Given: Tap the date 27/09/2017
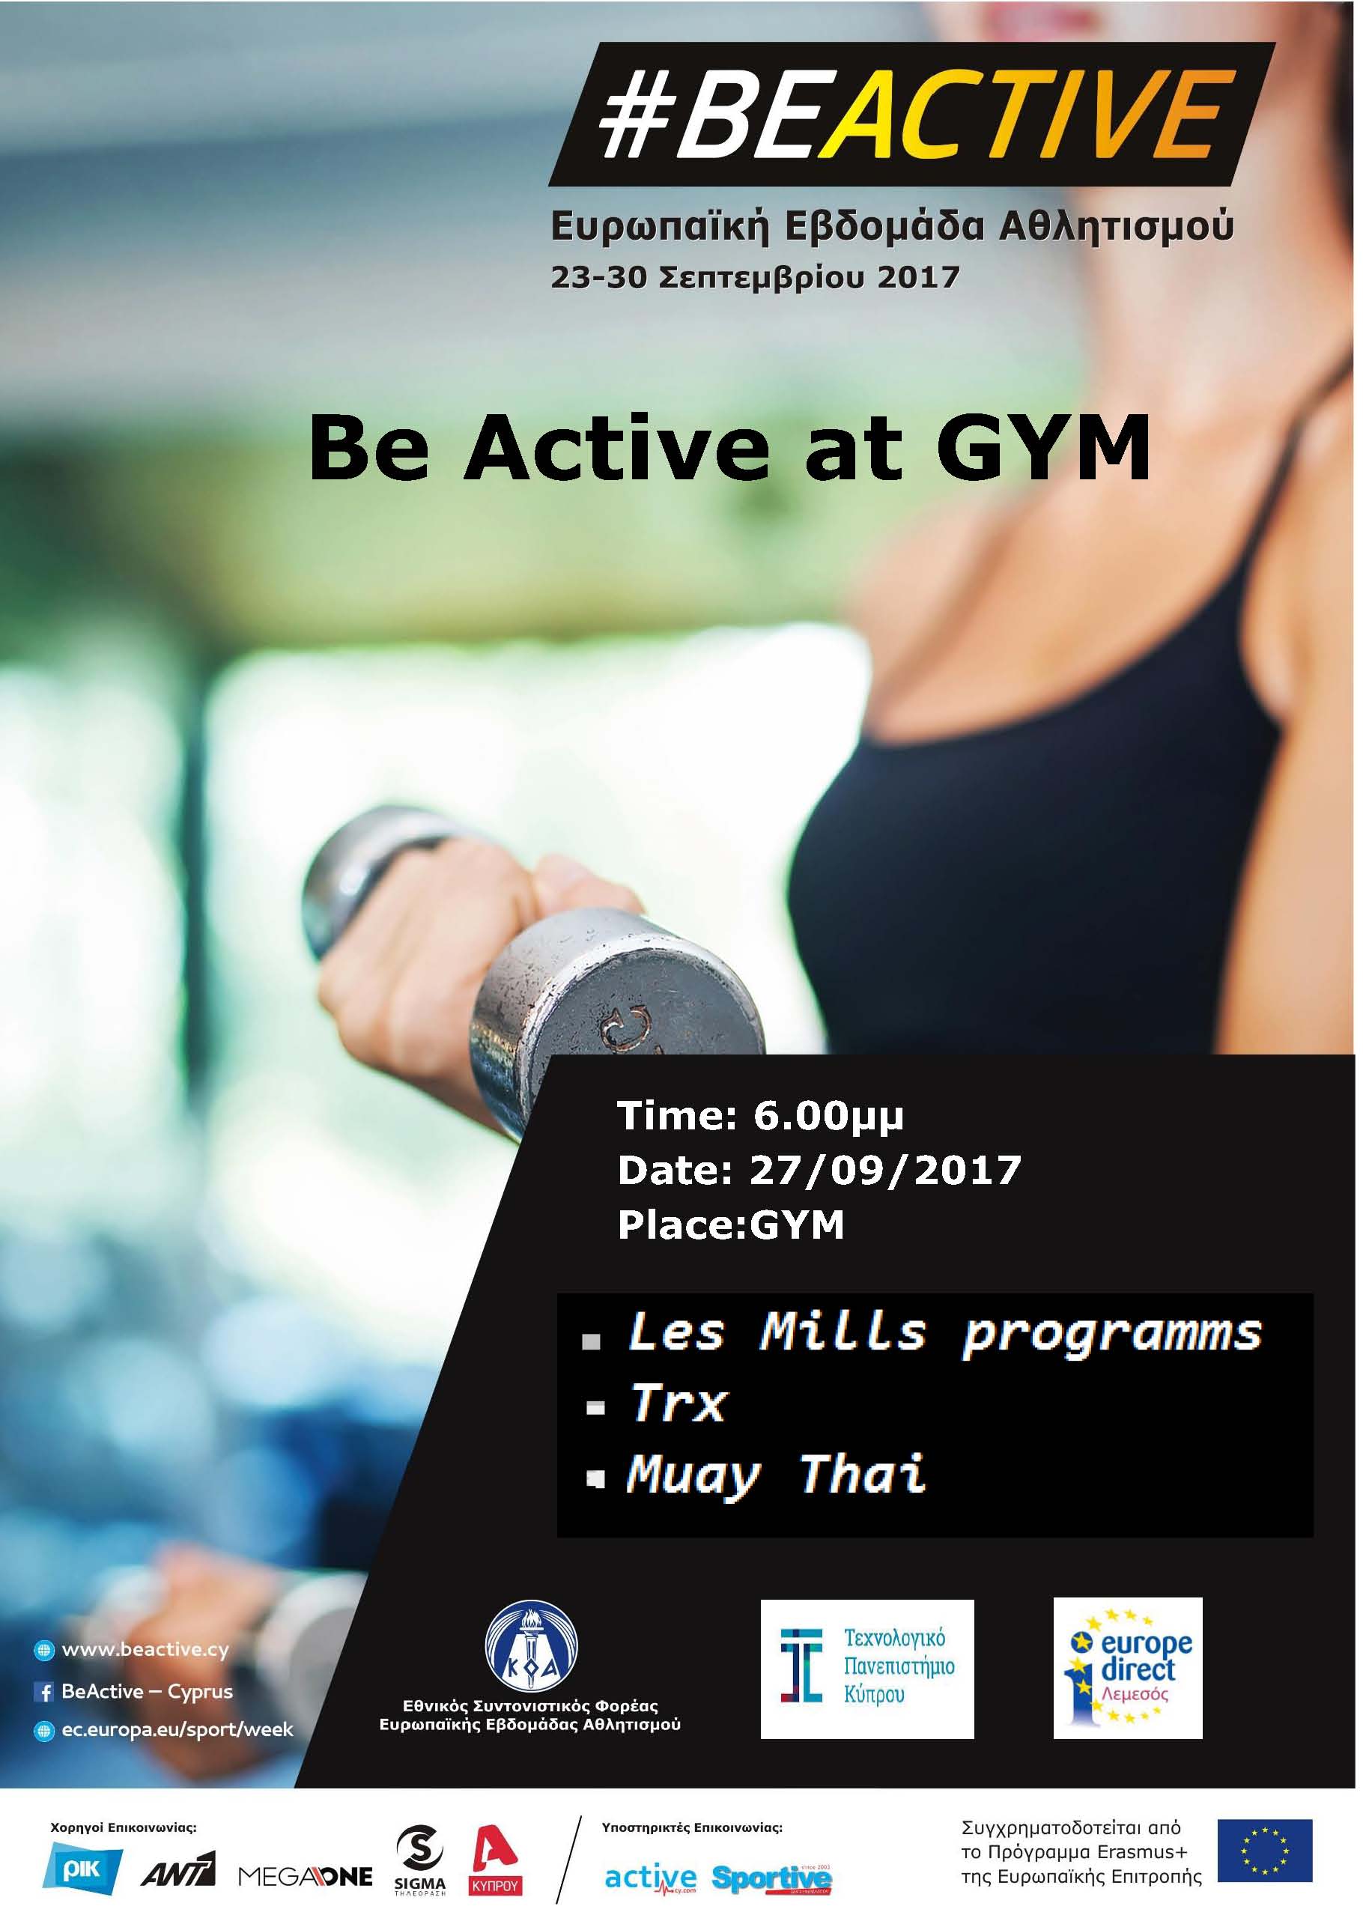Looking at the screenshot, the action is click(x=884, y=1170).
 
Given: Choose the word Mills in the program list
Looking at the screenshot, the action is click(x=842, y=1331).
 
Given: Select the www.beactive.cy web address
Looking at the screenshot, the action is click(x=145, y=1650).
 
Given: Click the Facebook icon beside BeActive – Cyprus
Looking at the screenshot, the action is click(x=43, y=1693).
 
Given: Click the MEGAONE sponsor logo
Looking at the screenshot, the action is click(x=306, y=1876).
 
